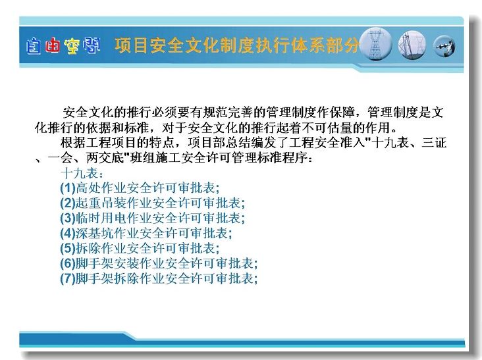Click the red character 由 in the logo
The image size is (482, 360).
(53, 46)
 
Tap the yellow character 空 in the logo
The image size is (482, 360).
(72, 46)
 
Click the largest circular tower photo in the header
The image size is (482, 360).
(375, 44)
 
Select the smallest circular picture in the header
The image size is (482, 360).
(444, 46)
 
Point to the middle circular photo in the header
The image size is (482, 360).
(412, 45)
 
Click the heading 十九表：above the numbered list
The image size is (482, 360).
(82, 173)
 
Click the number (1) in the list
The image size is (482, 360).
(68, 188)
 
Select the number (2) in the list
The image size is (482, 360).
(68, 203)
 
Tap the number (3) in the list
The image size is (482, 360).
(68, 218)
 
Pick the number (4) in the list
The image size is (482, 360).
(68, 233)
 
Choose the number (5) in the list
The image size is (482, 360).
(68, 248)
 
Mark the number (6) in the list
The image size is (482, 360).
(68, 263)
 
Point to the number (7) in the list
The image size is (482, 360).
(68, 278)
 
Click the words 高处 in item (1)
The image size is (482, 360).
(88, 188)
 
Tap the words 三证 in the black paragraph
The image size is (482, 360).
(434, 143)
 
